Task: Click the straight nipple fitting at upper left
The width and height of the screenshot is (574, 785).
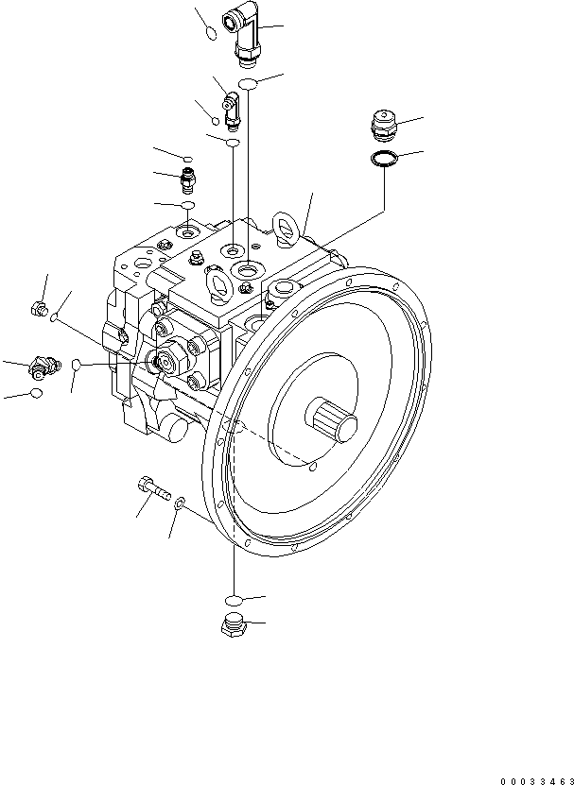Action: (x=189, y=177)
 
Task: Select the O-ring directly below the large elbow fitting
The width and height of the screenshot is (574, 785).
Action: (x=248, y=86)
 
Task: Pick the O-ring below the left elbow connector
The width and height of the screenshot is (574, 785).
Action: (x=36, y=393)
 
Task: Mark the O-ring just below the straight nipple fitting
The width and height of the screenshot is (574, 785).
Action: (x=188, y=205)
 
